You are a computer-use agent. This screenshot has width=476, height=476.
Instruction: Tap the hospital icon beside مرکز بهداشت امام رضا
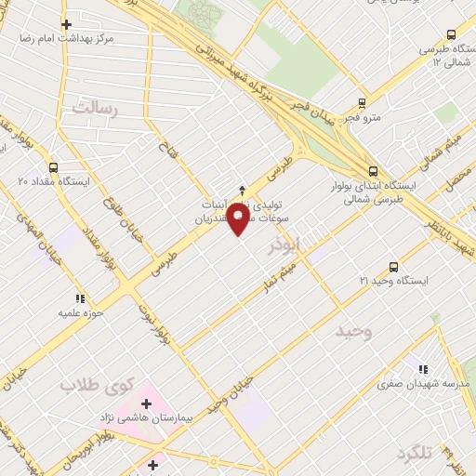tap(65, 24)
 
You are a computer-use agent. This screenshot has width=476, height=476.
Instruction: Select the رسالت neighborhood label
tap(90, 108)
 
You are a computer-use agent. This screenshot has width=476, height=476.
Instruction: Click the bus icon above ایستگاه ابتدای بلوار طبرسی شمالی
tap(373, 171)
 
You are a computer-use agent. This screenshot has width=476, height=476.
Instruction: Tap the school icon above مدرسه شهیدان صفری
tap(424, 368)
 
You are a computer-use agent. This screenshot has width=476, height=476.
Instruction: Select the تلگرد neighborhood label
tap(415, 452)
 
